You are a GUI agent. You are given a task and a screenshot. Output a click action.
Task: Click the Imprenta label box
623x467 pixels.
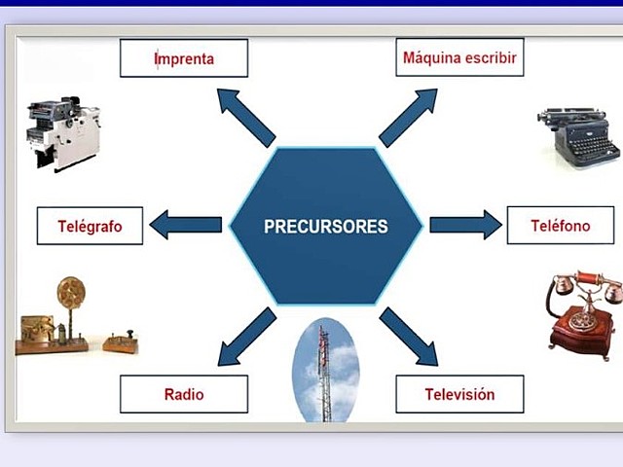tap(183, 58)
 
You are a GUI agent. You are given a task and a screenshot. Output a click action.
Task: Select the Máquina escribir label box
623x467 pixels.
tap(459, 58)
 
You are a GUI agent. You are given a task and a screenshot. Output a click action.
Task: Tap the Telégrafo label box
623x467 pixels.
tap(90, 226)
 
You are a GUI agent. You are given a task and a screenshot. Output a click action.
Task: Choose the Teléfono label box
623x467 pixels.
tap(560, 226)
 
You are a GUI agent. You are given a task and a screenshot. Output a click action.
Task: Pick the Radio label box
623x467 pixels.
tap(183, 395)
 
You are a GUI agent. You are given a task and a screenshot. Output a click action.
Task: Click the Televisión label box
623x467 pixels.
tap(459, 395)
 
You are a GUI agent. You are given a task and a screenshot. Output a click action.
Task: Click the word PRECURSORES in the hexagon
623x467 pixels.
tap(325, 227)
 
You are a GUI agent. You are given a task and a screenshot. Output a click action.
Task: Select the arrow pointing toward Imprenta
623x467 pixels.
tap(244, 116)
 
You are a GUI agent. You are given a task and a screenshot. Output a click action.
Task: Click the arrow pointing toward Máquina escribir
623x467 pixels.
tap(408, 116)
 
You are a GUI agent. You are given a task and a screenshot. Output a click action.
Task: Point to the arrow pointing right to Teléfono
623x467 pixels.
tap(464, 226)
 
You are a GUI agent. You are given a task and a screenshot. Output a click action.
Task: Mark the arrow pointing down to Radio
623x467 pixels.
tap(246, 337)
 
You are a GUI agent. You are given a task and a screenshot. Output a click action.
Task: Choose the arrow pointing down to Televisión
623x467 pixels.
tap(408, 337)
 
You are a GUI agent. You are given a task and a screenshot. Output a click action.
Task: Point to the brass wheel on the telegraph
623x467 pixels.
tap(70, 292)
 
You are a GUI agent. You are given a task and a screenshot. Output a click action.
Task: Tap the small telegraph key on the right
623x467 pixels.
tap(121, 341)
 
